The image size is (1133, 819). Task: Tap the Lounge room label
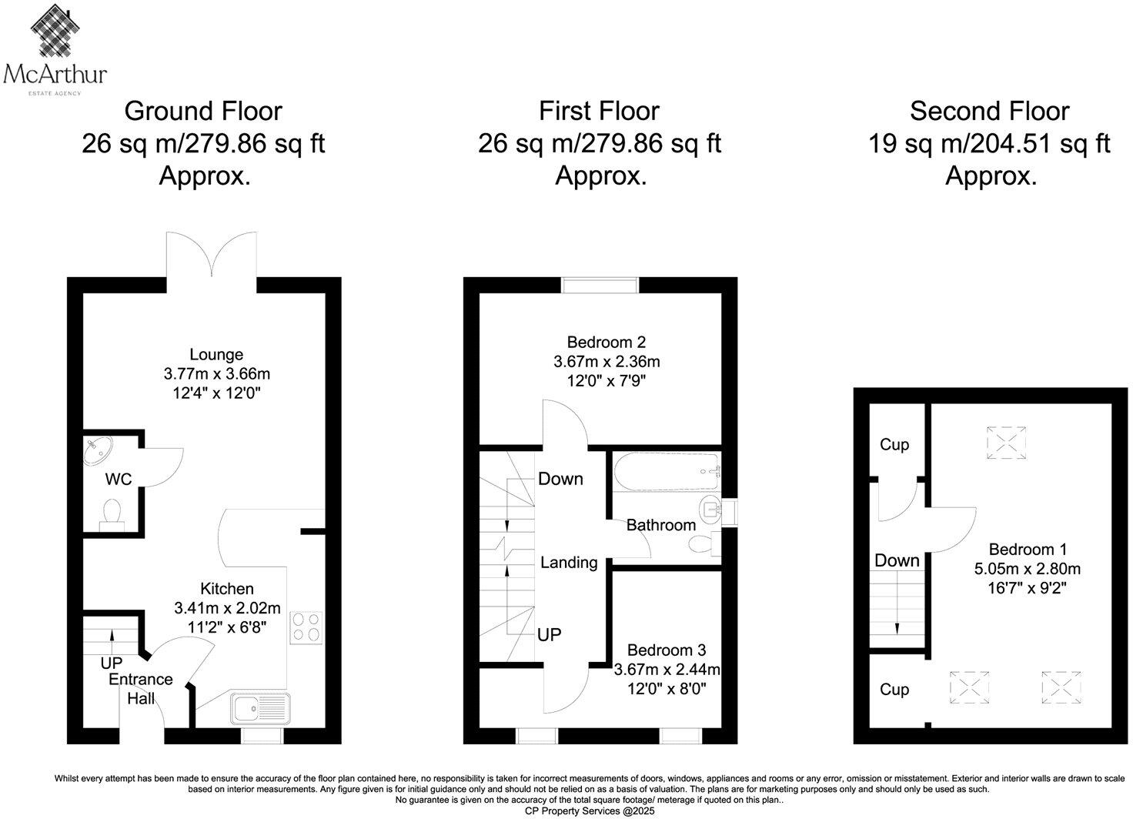click(216, 355)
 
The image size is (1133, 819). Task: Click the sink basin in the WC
click(99, 450)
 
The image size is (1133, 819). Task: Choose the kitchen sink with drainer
click(261, 709)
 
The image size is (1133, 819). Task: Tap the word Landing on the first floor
click(568, 563)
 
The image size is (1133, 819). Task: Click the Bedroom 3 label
click(666, 650)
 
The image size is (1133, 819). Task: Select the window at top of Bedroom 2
click(600, 286)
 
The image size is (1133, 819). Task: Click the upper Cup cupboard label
click(894, 445)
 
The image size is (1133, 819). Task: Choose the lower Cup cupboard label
click(894, 690)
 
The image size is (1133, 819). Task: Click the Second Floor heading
click(989, 112)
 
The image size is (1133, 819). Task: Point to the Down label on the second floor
click(897, 561)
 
